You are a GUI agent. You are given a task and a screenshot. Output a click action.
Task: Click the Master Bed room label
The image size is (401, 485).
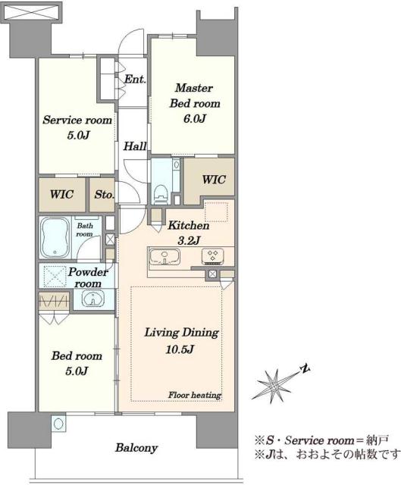pos(195,95)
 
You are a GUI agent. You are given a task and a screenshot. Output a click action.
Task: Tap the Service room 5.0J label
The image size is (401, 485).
pos(77,127)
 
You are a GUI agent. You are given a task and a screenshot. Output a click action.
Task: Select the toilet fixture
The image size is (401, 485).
pos(160,194)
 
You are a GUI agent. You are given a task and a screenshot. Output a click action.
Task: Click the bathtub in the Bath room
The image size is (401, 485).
pos(55,237)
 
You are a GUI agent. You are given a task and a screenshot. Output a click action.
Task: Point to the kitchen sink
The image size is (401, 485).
pos(164,257)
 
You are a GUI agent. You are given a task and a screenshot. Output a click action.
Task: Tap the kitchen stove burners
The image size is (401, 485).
pos(213,257)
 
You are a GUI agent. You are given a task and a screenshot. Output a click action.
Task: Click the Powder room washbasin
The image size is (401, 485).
pos(92,299)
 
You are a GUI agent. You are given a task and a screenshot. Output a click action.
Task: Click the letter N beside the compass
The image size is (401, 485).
pos(305,368)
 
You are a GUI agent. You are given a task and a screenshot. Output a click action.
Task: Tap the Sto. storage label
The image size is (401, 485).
pos(105,195)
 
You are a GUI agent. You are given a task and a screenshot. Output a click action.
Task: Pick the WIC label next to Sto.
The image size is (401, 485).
pos(61,195)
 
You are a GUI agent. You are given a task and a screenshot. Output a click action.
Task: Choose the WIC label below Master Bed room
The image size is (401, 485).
pos(214,180)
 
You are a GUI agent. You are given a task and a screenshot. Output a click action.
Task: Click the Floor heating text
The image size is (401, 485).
pos(195,395)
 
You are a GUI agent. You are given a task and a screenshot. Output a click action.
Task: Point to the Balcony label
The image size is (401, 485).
pos(136,448)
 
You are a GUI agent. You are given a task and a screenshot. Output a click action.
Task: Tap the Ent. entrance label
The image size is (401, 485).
pos(135,79)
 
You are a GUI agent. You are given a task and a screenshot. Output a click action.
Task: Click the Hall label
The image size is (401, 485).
pos(135,145)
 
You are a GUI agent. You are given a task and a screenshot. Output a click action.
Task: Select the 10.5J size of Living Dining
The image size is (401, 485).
pos(180,349)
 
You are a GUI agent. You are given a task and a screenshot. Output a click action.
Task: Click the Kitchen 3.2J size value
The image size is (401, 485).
pos(189,240)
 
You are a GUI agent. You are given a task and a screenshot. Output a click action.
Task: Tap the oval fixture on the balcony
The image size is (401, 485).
pos(58,423)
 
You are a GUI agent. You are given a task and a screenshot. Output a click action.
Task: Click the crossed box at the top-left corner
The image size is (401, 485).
pos(32,12)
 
